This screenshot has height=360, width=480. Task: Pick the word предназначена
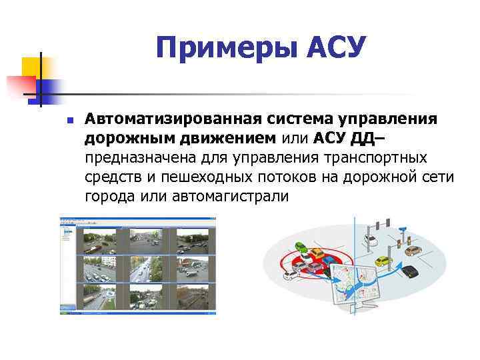pos(141,158)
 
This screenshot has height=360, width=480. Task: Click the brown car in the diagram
pos(413,251)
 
